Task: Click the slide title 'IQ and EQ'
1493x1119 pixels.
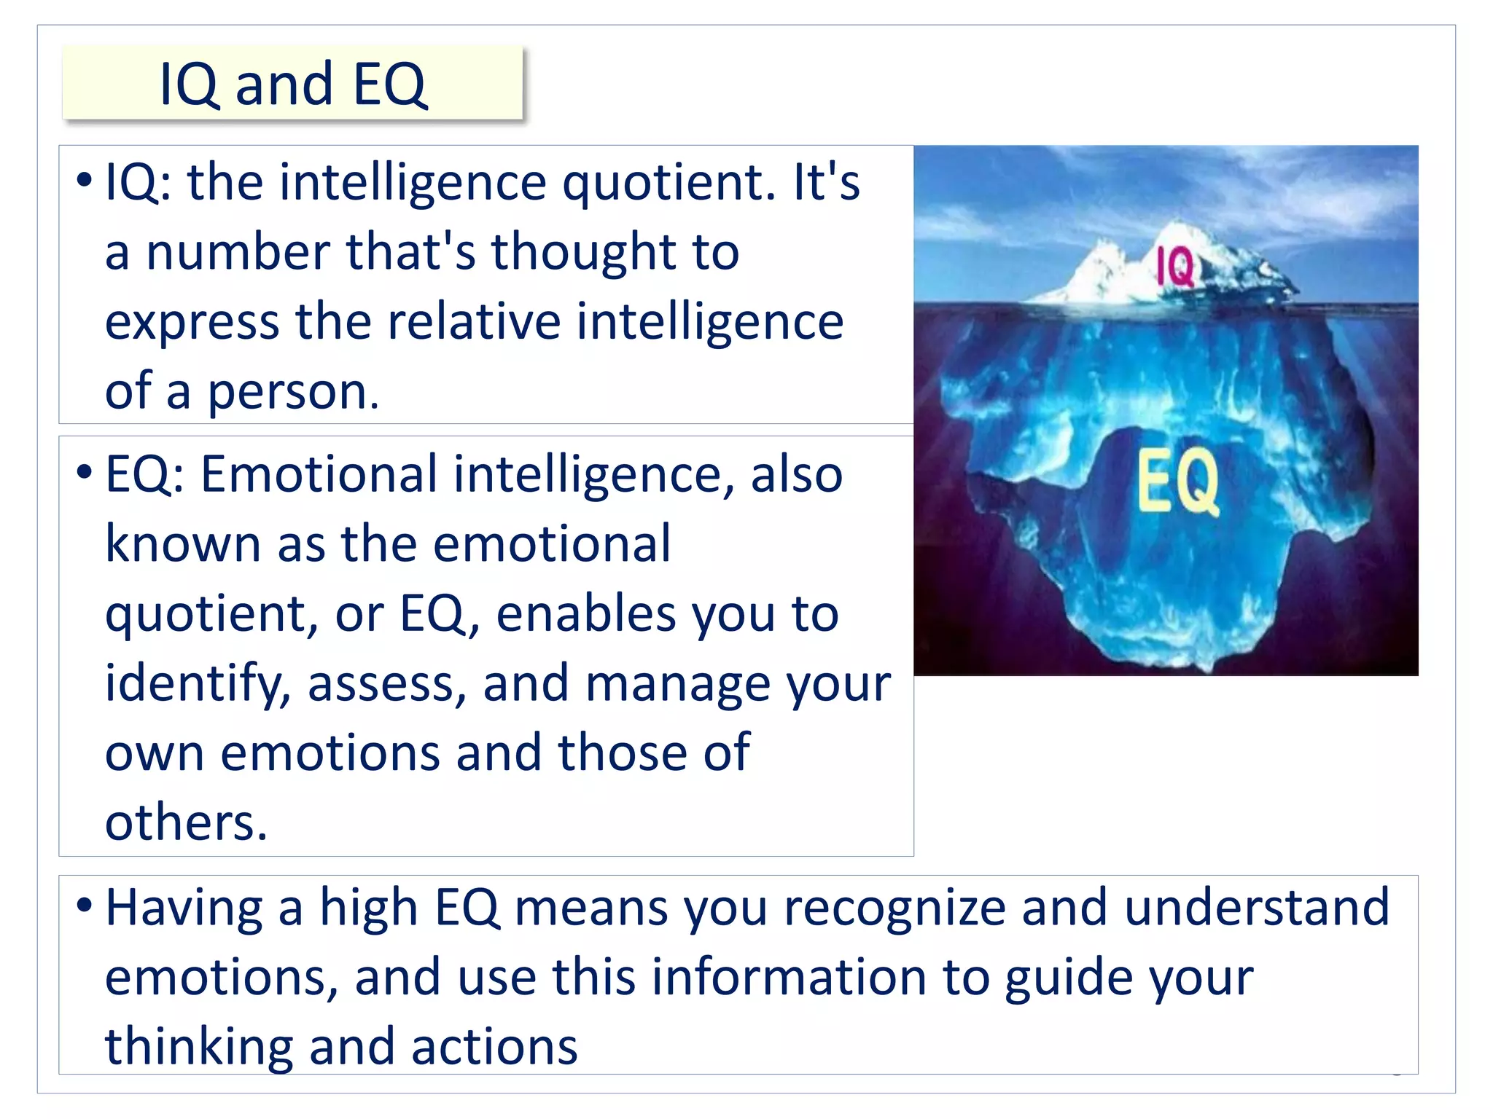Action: tap(292, 84)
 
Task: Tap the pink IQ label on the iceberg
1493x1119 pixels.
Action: tap(1174, 266)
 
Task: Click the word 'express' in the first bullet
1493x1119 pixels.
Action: tap(192, 323)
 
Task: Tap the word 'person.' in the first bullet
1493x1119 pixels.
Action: tap(294, 393)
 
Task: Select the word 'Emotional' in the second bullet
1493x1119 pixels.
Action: tap(319, 474)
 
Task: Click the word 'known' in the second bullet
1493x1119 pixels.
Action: tap(182, 544)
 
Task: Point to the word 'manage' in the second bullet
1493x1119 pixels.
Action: tap(668, 685)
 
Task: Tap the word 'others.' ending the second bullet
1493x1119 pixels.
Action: tap(186, 823)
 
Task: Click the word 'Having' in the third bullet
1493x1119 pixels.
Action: tap(184, 908)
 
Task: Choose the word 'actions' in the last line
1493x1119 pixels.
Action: tap(494, 1047)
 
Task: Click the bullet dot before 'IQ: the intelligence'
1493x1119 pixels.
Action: tap(85, 179)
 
